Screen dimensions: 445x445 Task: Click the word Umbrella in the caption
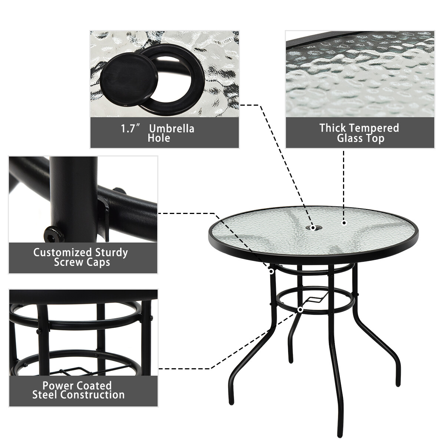click(171, 129)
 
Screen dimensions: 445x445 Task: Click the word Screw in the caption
click(68, 262)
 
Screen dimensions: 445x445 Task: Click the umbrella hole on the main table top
click(313, 227)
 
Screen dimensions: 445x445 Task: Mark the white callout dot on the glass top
click(344, 223)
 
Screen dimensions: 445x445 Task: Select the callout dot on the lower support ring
click(300, 309)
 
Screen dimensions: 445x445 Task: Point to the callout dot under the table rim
click(271, 271)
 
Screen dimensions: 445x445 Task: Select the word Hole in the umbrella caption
click(159, 138)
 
